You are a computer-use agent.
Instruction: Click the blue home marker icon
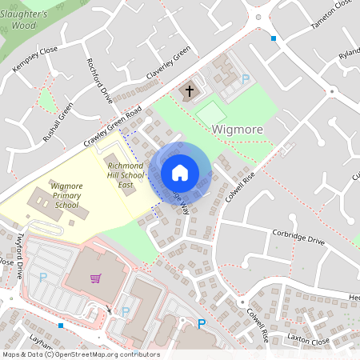click(x=180, y=172)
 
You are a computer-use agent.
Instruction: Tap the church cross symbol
click(x=190, y=90)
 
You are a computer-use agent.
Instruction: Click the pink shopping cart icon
click(x=96, y=278)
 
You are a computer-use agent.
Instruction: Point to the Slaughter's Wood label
click(x=30, y=19)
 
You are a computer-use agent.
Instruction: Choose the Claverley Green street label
click(x=168, y=63)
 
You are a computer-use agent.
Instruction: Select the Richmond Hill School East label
click(x=126, y=174)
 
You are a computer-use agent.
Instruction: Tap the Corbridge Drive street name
click(x=298, y=240)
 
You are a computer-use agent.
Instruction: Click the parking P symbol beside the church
click(x=246, y=78)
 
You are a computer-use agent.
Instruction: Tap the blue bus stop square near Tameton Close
click(x=273, y=38)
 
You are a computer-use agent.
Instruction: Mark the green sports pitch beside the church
click(x=212, y=114)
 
